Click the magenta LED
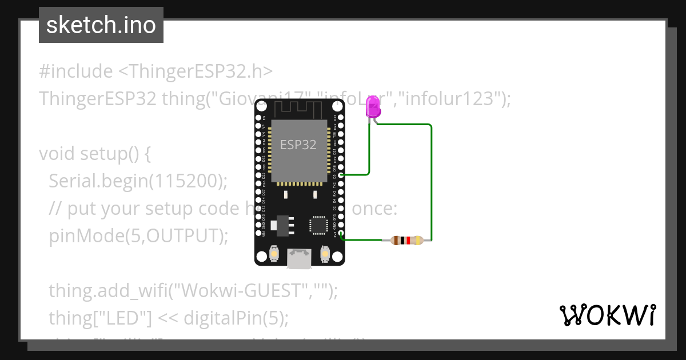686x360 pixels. pos(373,107)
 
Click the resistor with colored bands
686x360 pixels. pos(406,241)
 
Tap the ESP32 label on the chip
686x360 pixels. pos(298,145)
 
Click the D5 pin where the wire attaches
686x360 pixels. pos(341,175)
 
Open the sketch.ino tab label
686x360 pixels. pos(101,25)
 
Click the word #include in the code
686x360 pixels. pos(76,71)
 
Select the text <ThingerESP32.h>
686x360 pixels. pos(196,71)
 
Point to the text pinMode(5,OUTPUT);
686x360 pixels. pos(138,235)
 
